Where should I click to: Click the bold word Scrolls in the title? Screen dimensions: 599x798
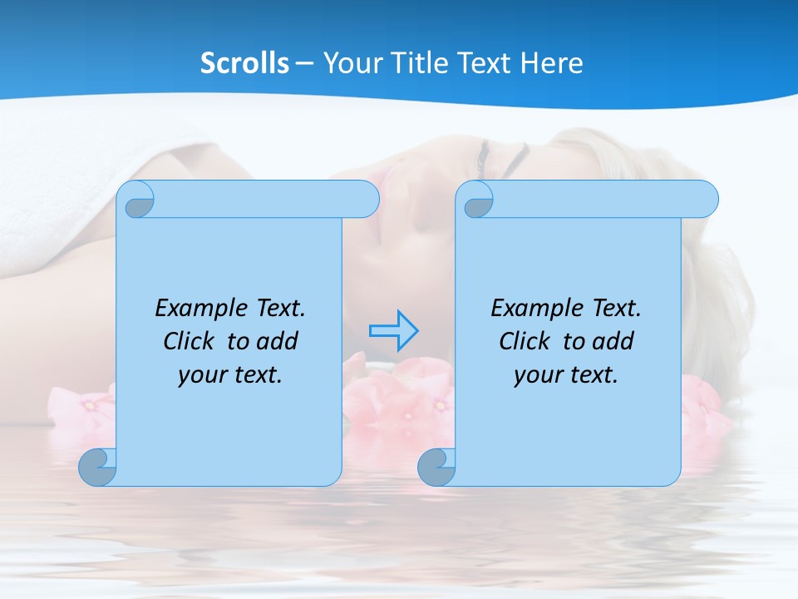point(244,63)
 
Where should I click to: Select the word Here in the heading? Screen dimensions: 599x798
point(552,63)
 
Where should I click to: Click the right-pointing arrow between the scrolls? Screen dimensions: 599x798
point(393,330)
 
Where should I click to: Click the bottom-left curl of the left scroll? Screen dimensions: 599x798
point(98,467)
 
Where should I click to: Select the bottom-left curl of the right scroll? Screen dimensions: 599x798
point(436,467)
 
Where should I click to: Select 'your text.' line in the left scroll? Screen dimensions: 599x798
point(230,374)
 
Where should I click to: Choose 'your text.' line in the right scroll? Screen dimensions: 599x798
point(566,374)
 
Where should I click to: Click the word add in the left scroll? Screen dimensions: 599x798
point(278,341)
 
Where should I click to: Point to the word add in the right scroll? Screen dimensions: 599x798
point(613,341)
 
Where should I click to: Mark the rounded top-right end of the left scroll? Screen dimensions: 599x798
point(366,199)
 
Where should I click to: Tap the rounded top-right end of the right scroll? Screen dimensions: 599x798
point(705,199)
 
